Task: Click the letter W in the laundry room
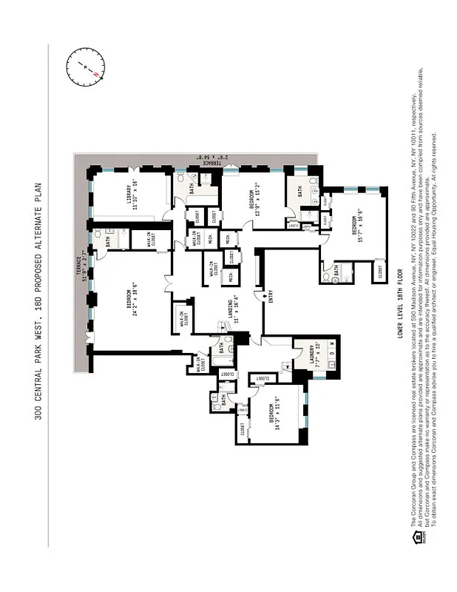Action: click(x=332, y=344)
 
